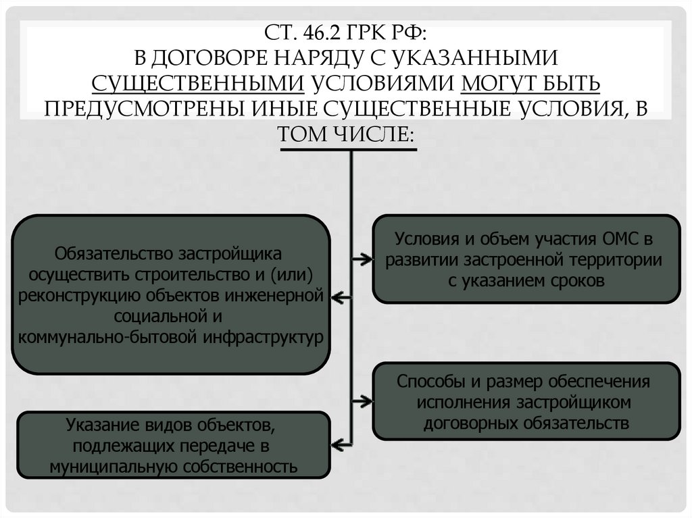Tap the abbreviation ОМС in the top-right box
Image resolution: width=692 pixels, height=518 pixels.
(x=619, y=239)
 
